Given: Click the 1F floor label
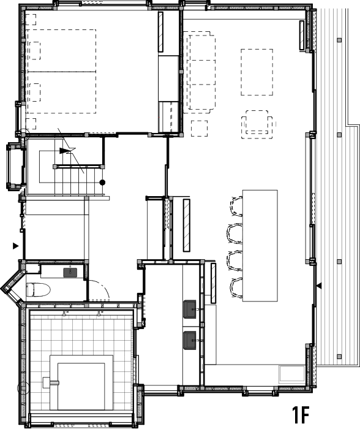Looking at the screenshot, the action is coord(301,415).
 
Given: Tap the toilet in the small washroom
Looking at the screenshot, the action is coord(39,290).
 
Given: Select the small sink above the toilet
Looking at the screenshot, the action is coord(70,272).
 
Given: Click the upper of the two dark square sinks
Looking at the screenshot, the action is coord(190,309).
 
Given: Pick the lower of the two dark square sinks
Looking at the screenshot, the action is coord(190,340).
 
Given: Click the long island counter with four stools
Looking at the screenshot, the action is coord(260,246).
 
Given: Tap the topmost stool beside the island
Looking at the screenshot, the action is coord(236,207).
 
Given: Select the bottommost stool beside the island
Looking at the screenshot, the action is coord(236,287).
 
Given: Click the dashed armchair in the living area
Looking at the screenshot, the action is coord(257,124).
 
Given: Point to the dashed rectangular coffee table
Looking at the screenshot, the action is coord(257,72).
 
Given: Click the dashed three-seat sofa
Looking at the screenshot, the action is coord(199,72).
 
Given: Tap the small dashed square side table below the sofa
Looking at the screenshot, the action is coord(199,128).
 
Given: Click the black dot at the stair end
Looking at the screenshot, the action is coord(102,183).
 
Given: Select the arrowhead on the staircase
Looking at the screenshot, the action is coord(64,151).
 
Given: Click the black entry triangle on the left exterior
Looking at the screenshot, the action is coord(16,246).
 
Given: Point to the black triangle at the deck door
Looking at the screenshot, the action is coord(319,286).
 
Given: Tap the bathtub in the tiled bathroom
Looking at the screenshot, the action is coord(81,382).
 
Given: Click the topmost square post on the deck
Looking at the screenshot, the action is coord(340,40).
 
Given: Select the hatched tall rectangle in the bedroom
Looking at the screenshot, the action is coord(161,32).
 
